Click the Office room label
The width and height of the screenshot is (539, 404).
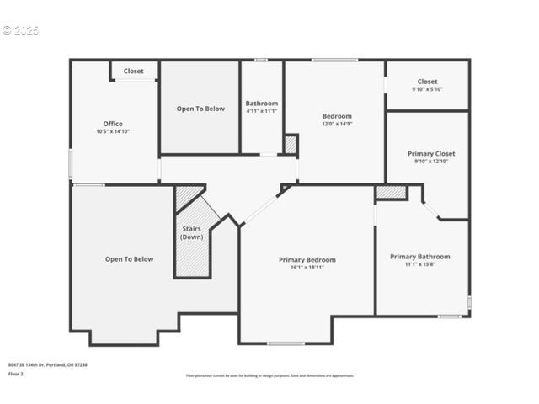(113, 124)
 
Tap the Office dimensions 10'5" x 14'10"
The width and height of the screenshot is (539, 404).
(113, 131)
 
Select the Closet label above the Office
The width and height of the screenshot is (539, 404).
(134, 72)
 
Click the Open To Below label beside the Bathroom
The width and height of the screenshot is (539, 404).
(200, 109)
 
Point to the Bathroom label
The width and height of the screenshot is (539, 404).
(262, 104)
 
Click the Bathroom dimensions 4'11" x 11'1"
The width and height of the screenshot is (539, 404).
(262, 111)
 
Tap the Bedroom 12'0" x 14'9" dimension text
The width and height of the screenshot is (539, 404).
(337, 124)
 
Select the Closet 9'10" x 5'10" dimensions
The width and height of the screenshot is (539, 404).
(427, 89)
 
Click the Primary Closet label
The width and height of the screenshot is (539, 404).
(431, 154)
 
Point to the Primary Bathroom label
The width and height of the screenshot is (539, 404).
(419, 257)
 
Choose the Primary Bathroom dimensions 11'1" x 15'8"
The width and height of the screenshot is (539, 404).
(419, 264)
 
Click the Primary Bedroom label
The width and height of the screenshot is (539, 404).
(307, 260)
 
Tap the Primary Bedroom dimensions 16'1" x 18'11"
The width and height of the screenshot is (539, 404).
(307, 268)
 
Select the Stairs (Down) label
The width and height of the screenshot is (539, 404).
(191, 232)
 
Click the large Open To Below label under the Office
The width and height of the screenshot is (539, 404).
(129, 259)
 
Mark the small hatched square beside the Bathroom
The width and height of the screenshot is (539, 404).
(291, 145)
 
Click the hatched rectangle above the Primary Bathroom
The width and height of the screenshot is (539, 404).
(391, 192)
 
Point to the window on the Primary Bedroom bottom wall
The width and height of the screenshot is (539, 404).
(286, 343)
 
